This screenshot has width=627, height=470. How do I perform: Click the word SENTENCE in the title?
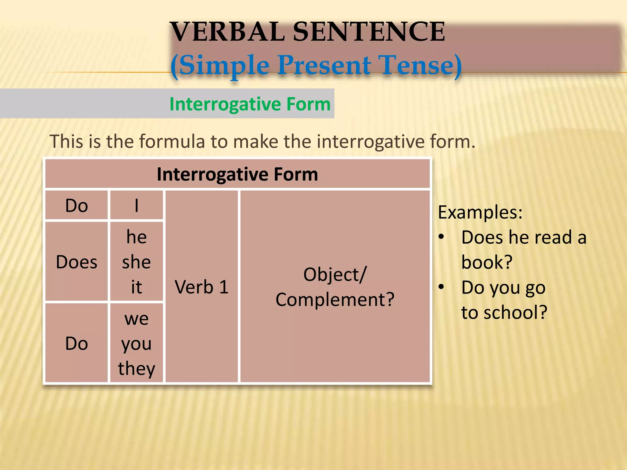point(369,32)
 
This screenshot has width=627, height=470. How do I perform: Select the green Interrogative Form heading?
point(250,104)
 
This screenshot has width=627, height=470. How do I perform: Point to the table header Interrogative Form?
point(237,174)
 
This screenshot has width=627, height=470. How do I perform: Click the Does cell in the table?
point(77,262)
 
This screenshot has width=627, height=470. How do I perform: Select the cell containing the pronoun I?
point(137,205)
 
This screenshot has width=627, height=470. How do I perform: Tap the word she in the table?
point(137,262)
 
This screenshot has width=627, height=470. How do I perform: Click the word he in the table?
point(137,237)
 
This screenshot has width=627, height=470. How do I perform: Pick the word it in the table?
point(137,287)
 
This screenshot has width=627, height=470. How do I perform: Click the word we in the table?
point(137,319)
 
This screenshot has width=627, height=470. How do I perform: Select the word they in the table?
point(137,368)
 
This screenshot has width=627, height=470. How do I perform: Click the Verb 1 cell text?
point(201,287)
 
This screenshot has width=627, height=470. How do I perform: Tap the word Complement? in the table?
point(335,300)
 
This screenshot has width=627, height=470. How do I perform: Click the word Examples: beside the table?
point(480,212)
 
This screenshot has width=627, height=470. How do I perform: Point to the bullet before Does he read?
point(441,237)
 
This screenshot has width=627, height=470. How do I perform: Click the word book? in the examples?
point(487,262)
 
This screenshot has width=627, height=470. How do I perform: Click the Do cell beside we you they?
point(77,343)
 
